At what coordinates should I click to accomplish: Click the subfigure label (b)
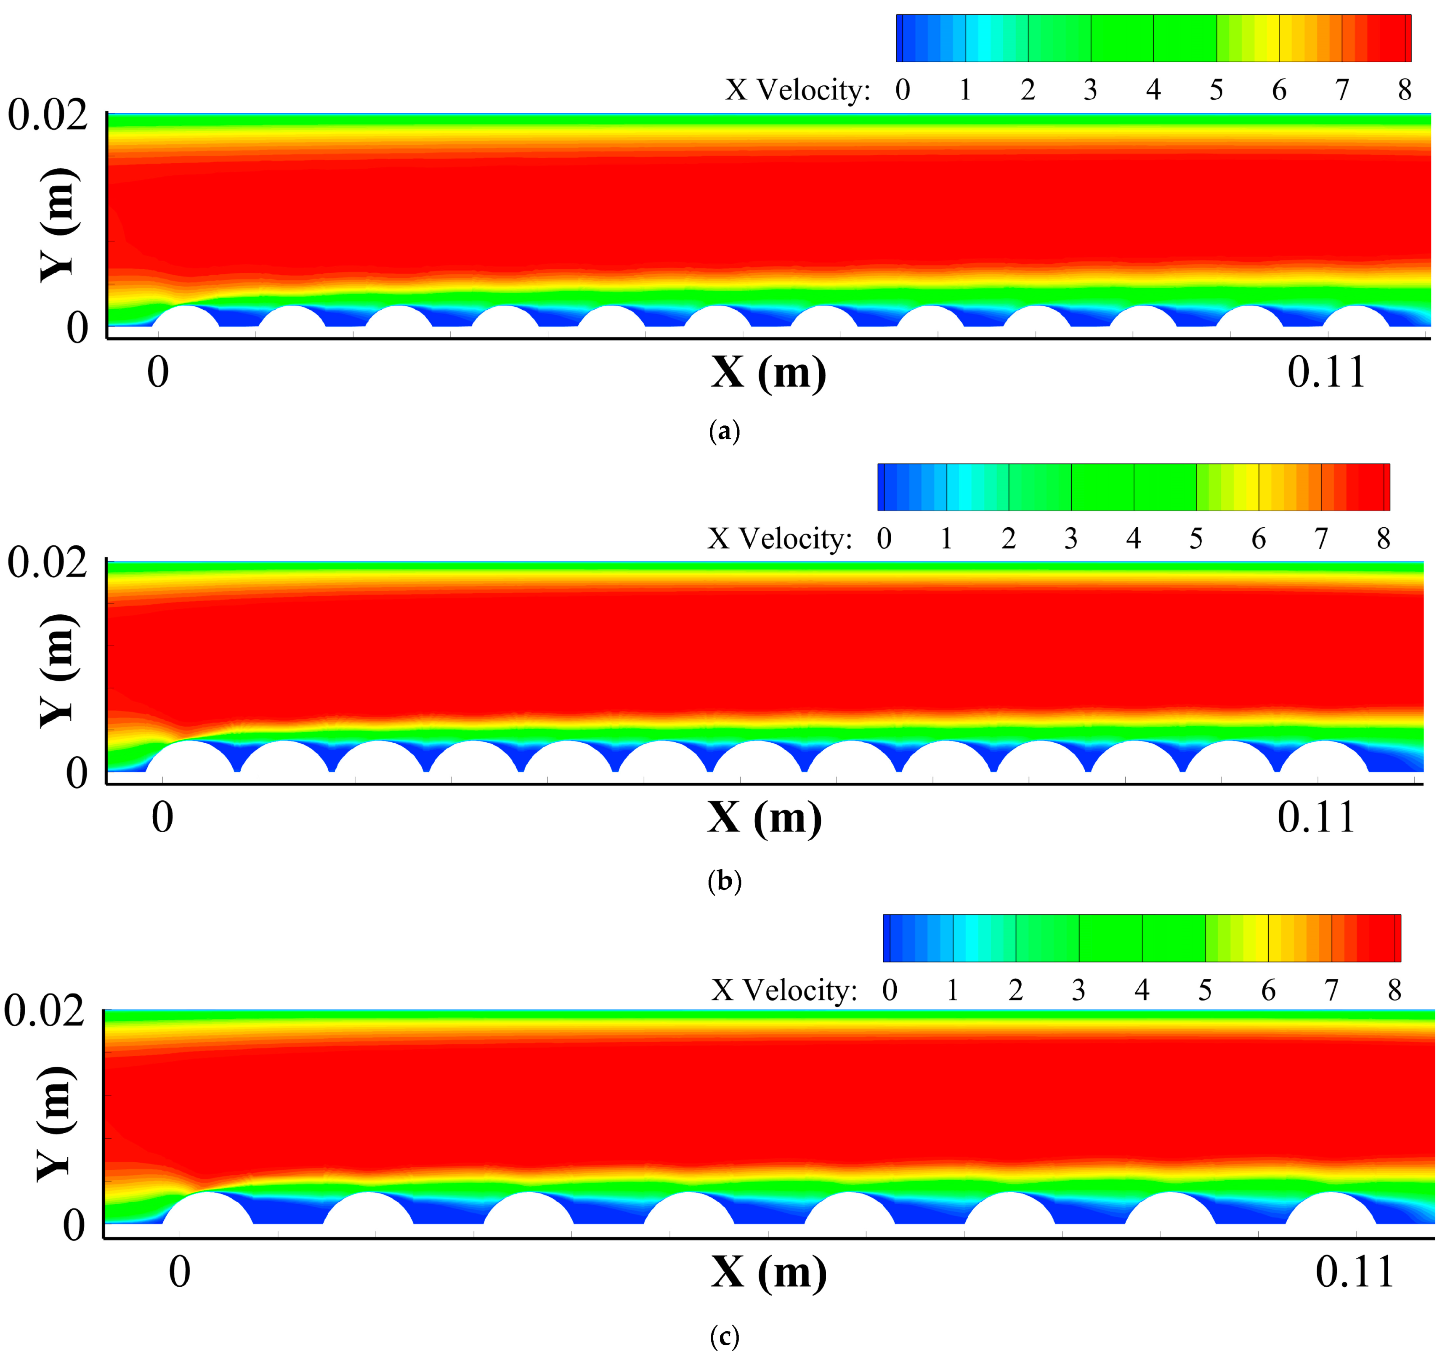tap(724, 881)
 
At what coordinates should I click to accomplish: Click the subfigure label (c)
tap(724, 1336)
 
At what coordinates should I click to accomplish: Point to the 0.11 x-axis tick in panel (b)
tap(1316, 818)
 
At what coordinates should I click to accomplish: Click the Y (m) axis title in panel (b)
tap(57, 670)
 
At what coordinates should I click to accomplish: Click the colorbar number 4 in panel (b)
tap(1133, 539)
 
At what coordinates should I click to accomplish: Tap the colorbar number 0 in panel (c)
tap(889, 990)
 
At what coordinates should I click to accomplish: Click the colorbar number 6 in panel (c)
tap(1268, 990)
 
